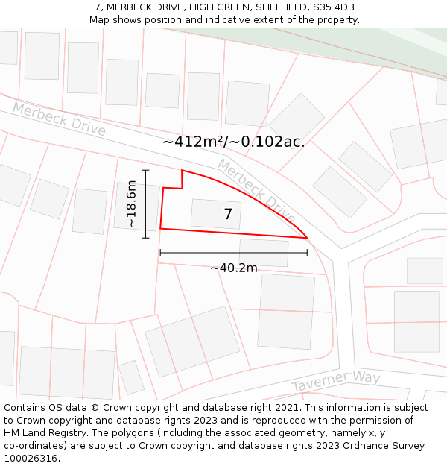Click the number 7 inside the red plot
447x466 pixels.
[228, 215]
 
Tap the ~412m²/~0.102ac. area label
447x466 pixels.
[233, 142]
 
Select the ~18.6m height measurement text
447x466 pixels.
[131, 204]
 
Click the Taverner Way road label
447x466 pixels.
[335, 381]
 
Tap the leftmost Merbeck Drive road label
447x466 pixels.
[59, 119]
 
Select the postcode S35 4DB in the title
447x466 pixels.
[333, 7]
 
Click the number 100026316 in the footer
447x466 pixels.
[31, 459]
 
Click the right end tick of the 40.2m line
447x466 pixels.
[307, 253]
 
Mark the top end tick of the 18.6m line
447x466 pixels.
[146, 170]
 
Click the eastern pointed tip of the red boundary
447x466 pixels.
[307, 238]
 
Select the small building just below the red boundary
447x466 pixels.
[264, 253]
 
